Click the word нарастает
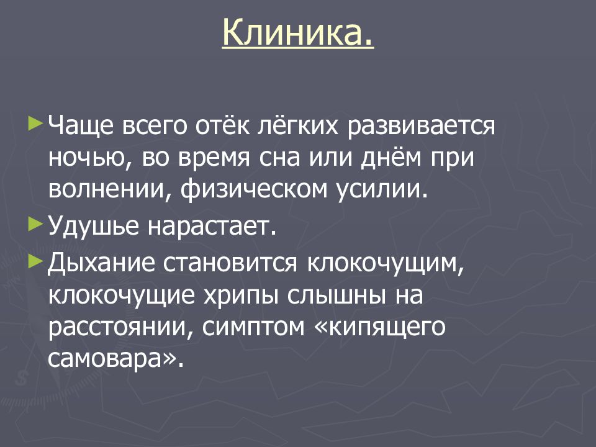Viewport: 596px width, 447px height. pyautogui.click(x=210, y=226)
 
